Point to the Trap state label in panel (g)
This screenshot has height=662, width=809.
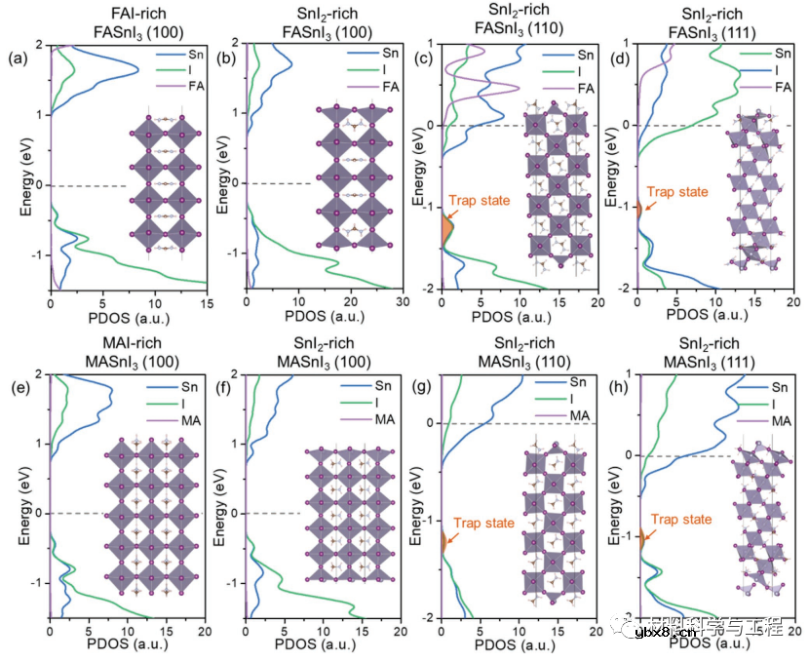(483, 524)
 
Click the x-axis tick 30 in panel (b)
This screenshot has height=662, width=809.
(402, 303)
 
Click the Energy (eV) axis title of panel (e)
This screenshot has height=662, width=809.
(14, 493)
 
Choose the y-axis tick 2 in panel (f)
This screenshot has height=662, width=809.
(235, 375)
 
